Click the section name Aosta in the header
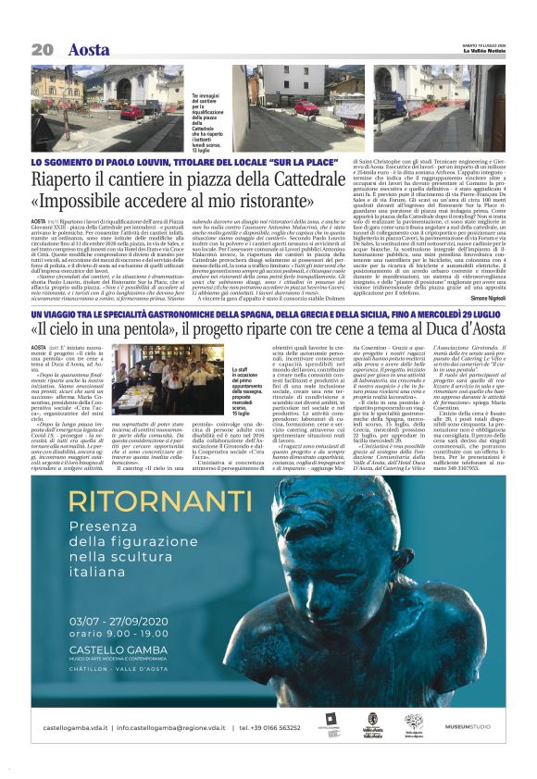tap(89, 49)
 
